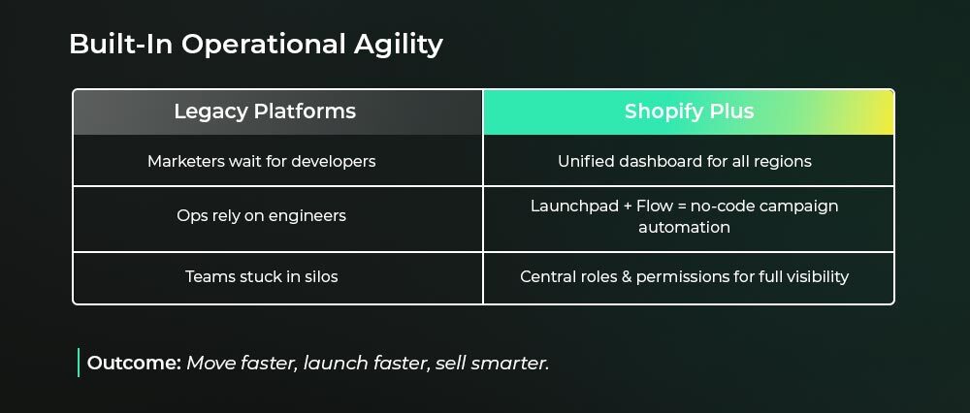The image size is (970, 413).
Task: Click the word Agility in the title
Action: (399, 46)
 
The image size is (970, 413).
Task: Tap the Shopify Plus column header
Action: (689, 111)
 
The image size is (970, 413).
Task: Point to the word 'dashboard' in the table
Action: (660, 161)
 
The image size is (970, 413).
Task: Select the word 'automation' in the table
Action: (684, 228)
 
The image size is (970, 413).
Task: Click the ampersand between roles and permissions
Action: (627, 276)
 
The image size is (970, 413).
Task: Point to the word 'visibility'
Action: (818, 276)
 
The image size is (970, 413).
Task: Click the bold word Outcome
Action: (134, 363)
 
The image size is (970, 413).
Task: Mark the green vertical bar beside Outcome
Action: (79, 363)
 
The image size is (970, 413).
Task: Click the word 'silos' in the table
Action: (321, 276)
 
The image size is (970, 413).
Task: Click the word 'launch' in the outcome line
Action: (336, 363)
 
